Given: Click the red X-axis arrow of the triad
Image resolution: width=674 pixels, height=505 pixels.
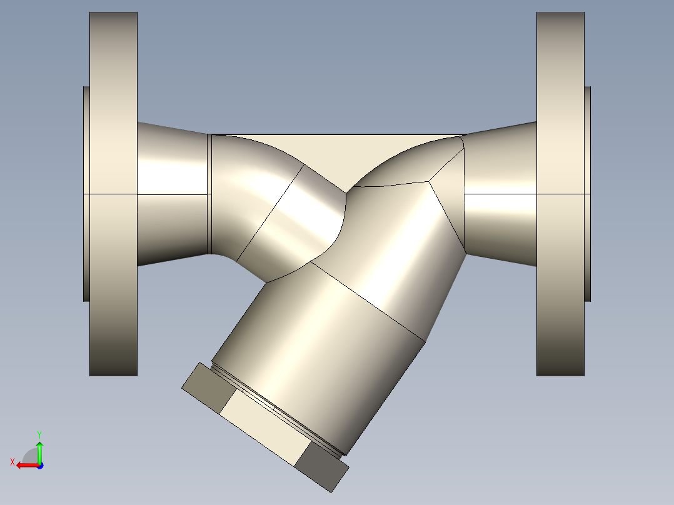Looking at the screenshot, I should tap(25, 465).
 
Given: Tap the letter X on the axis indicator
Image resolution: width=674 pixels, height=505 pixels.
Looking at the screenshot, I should tap(13, 462).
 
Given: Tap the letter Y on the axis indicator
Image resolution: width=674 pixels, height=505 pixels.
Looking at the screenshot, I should tap(39, 433).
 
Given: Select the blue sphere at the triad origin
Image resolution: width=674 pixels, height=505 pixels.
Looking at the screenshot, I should tap(39, 465).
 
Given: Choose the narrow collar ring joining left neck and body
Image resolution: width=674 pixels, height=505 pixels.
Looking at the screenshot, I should tap(209, 194).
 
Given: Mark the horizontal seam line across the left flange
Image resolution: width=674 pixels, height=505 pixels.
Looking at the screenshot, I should tap(113, 194).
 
